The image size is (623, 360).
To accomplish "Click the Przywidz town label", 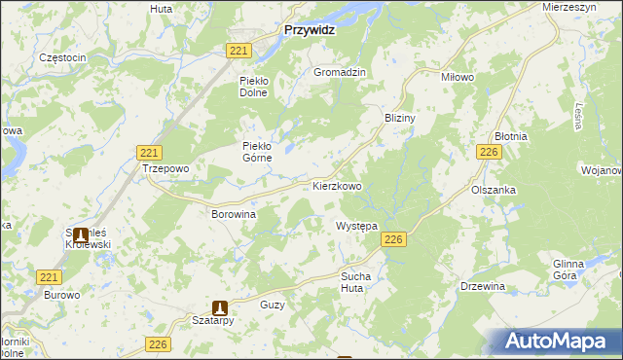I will (309, 30).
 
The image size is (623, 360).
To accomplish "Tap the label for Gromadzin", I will (339, 72).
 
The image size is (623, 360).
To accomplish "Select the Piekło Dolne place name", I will (258, 86).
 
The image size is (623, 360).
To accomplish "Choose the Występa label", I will (356, 225).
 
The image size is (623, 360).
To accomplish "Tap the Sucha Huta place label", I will (355, 282).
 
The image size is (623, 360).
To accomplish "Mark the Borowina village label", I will (234, 212).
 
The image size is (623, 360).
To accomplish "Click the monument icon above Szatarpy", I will (220, 306).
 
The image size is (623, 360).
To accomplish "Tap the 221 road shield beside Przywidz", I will (238, 51).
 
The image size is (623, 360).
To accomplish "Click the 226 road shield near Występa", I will (393, 240).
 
